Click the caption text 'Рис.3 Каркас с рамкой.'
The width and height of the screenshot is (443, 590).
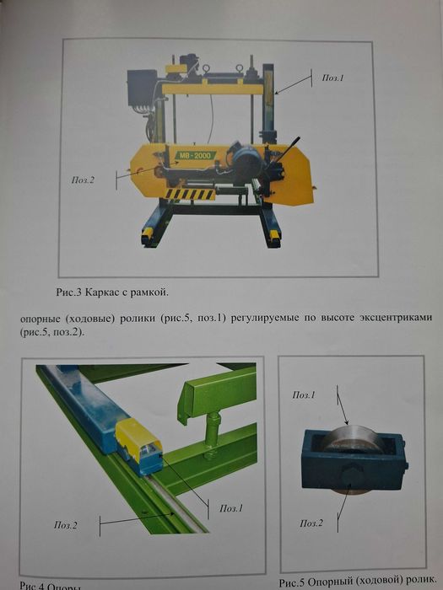click(111, 292)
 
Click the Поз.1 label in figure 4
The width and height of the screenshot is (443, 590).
click(230, 509)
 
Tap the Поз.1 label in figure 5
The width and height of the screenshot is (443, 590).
click(304, 394)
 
